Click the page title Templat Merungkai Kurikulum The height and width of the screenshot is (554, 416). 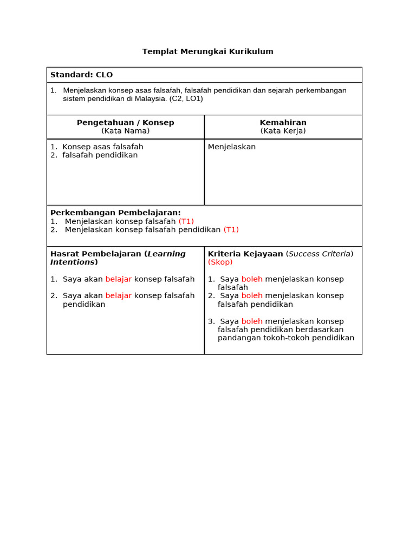pos(207,51)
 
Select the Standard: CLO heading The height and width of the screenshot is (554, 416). pos(81,75)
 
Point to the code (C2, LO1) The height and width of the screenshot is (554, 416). pos(186,98)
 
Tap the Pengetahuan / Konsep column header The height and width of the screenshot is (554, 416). pos(125,122)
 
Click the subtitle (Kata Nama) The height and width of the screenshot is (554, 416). pos(125,131)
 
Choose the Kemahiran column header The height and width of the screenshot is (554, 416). pos(283,122)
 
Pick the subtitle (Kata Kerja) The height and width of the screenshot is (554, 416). pos(283,131)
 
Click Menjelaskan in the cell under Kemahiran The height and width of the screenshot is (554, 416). pos(232,147)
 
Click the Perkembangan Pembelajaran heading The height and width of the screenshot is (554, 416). pos(115,213)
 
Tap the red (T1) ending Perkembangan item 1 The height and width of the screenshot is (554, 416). pos(186,221)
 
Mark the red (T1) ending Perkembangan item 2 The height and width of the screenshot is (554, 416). pos(231,229)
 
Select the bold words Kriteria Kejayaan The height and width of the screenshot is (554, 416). pos(245,254)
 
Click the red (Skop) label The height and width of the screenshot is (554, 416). pos(220,262)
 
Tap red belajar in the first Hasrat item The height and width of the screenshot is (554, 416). pos(118,279)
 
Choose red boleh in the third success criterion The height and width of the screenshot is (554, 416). pos(252,321)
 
